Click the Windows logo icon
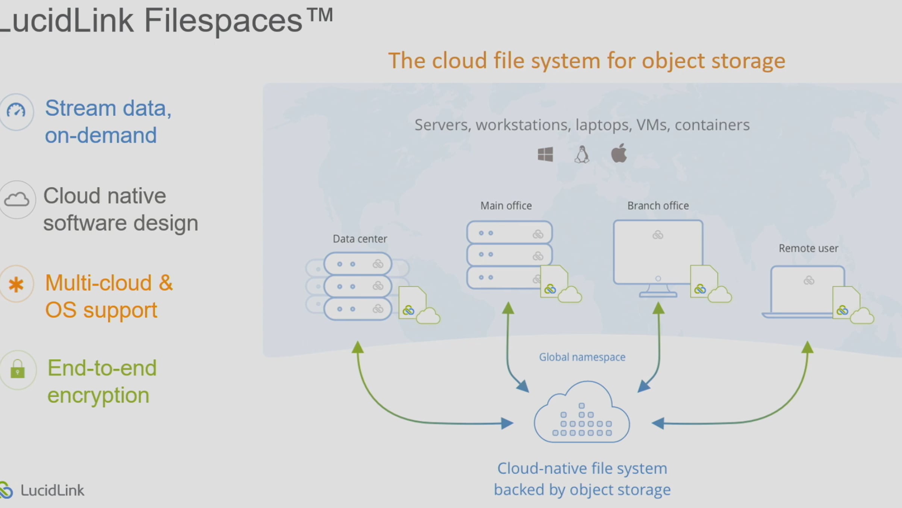click(x=545, y=154)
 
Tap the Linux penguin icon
click(x=582, y=154)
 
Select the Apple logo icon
click(x=619, y=153)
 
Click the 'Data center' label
click(x=360, y=239)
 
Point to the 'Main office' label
click(x=506, y=206)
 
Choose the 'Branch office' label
click(x=658, y=206)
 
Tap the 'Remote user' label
click(x=808, y=248)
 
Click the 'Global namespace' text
click(x=582, y=357)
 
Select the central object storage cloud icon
click(x=582, y=414)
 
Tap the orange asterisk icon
click(x=16, y=284)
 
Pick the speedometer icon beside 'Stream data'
click(x=16, y=111)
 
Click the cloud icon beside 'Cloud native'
click(x=17, y=199)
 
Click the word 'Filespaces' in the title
click(x=223, y=21)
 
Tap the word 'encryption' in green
click(x=98, y=395)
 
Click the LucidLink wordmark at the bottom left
click(x=52, y=490)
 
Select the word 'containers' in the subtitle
click(x=712, y=125)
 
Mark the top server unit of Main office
click(x=509, y=233)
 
